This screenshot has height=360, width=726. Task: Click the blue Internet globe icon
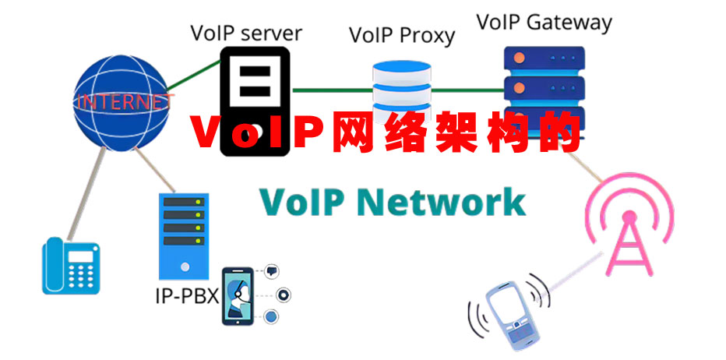coord(123,100)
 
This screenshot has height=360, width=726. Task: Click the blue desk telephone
coord(71,266)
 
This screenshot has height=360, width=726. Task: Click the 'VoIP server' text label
coord(246,34)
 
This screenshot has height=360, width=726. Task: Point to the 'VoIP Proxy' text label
coord(402,35)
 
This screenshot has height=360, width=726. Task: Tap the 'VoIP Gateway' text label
coord(544,22)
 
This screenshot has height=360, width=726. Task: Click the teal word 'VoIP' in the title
coord(301,201)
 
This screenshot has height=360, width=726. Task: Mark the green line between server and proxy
coord(331,90)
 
